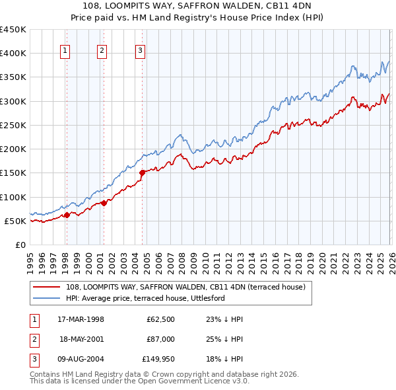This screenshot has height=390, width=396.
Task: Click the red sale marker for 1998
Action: point(67,215)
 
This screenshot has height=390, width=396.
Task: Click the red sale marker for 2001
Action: point(104,203)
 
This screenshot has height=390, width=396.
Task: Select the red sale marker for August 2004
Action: point(142,173)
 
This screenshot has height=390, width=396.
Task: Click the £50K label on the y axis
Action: point(15,221)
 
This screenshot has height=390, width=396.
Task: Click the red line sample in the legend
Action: point(47,288)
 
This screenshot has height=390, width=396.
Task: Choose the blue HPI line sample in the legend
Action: point(47,298)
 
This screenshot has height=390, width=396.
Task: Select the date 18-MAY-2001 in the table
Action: point(81,338)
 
